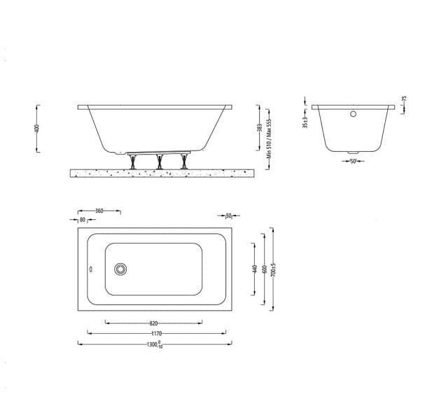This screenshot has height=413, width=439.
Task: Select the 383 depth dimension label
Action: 259,127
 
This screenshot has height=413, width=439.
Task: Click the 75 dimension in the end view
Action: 404,100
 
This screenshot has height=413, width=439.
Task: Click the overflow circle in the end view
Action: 354,113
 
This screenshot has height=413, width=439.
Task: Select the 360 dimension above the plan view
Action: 99,210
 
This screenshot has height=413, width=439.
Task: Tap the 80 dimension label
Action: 83,219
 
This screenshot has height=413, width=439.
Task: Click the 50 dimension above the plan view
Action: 228,216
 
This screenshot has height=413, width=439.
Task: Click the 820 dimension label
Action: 153,323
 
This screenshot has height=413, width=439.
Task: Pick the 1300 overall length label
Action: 154,344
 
